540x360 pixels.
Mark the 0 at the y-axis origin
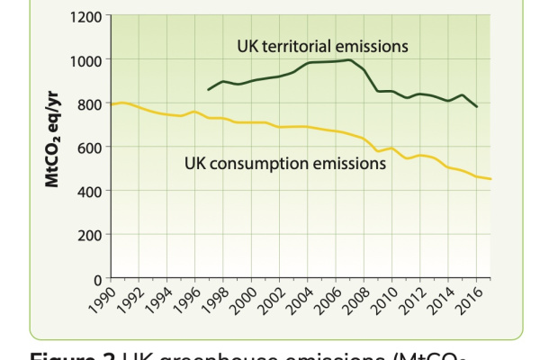pos(99,278)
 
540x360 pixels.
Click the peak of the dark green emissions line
pos(348,59)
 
